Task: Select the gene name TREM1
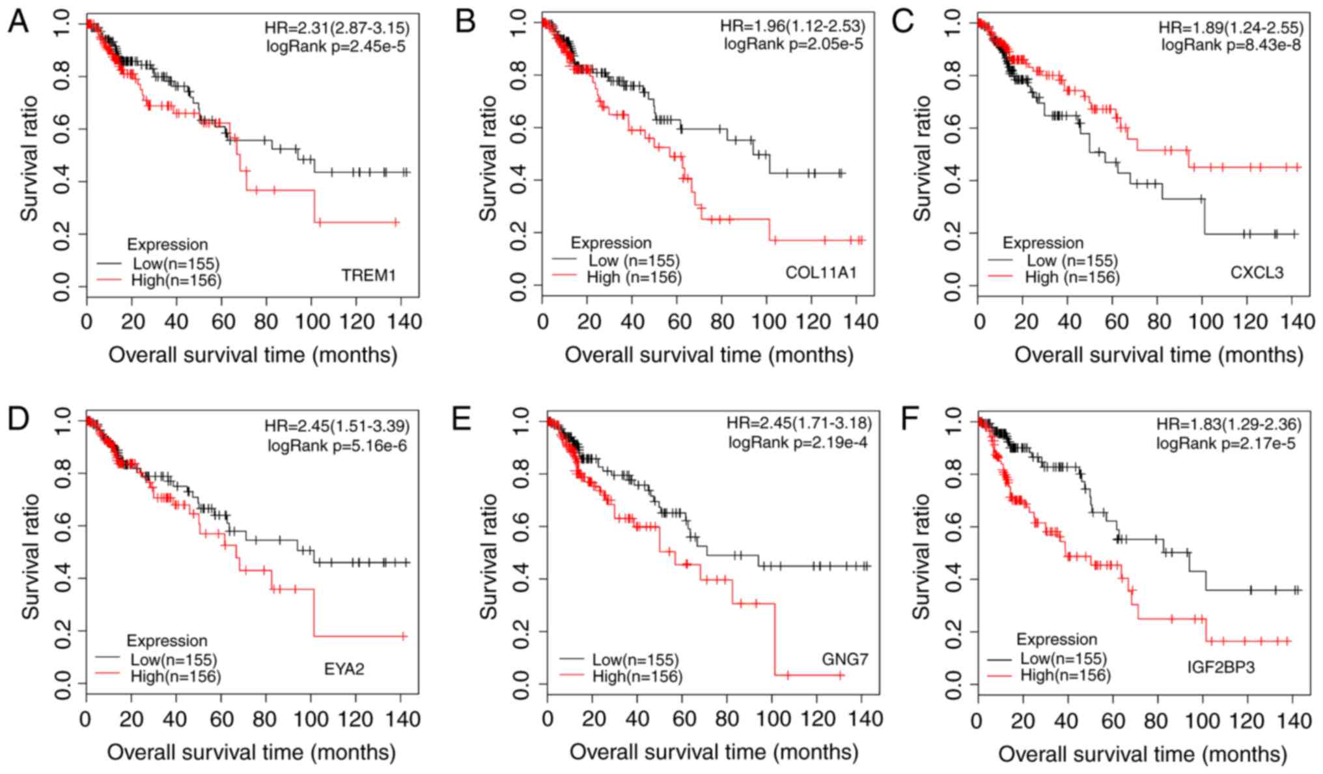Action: click(x=369, y=276)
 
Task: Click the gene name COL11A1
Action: click(x=820, y=272)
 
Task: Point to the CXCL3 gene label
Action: click(x=1257, y=272)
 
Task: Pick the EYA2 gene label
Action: click(x=344, y=668)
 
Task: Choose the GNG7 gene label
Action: click(x=844, y=659)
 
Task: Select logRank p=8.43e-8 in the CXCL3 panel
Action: click(x=1231, y=44)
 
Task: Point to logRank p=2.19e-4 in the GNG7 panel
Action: click(x=798, y=443)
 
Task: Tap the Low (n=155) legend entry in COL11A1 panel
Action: click(x=634, y=261)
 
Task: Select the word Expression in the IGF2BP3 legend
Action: click(x=1057, y=639)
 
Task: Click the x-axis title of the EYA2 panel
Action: click(x=251, y=752)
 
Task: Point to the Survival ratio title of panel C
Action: click(x=922, y=158)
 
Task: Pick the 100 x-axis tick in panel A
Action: click(x=311, y=321)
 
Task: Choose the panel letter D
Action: click(x=18, y=419)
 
